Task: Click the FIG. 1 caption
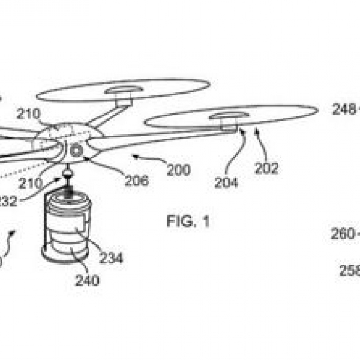(x=188, y=222)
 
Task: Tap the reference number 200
(x=178, y=170)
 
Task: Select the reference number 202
(x=266, y=169)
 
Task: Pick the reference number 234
(x=112, y=258)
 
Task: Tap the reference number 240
(x=88, y=280)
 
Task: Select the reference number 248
(x=345, y=109)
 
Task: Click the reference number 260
(x=344, y=234)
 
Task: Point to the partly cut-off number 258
(x=349, y=271)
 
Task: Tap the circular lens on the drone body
(x=76, y=151)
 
